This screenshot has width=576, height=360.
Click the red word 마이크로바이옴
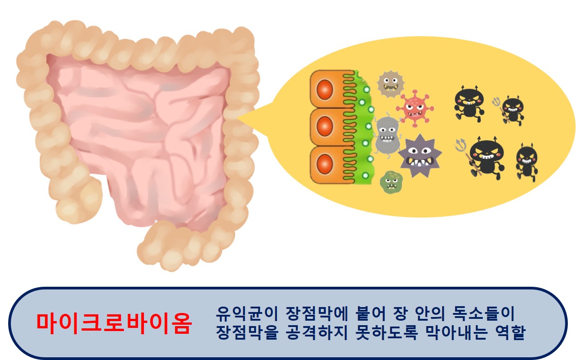pos(114,323)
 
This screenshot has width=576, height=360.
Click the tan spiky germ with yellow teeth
pos(390,84)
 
